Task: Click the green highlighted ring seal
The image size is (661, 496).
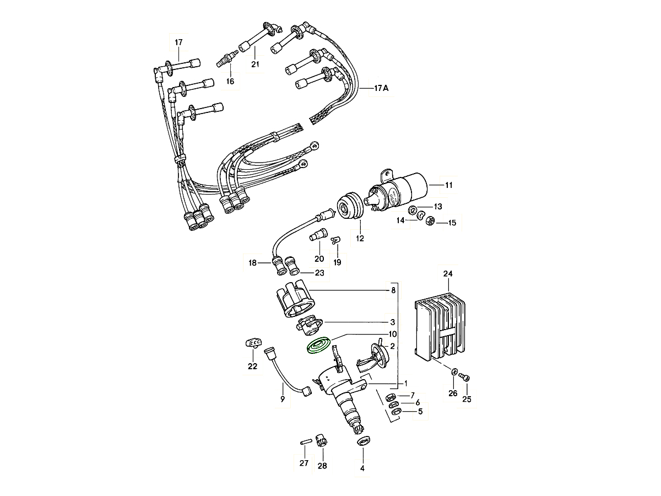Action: [x=318, y=346]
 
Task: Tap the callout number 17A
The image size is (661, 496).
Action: [x=381, y=88]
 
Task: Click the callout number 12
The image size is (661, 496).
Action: [x=360, y=239]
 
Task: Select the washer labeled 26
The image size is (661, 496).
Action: [x=453, y=373]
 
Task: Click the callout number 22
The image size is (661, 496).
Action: [x=252, y=366]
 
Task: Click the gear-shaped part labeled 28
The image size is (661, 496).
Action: [x=321, y=440]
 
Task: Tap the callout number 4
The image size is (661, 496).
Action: [x=362, y=468]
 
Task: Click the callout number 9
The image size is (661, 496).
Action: [x=283, y=399]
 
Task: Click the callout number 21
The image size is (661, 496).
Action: [x=255, y=65]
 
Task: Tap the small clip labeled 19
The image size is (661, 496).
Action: [x=336, y=240]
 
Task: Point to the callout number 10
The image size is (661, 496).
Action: [x=393, y=334]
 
